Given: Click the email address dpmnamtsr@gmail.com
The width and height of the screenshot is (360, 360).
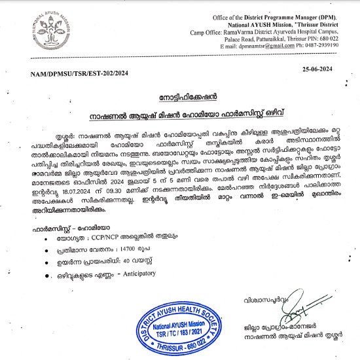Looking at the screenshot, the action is pyautogui.click(x=248, y=46).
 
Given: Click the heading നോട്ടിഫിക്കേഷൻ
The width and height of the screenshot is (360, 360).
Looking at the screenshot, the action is pyautogui.click(x=180, y=95).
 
